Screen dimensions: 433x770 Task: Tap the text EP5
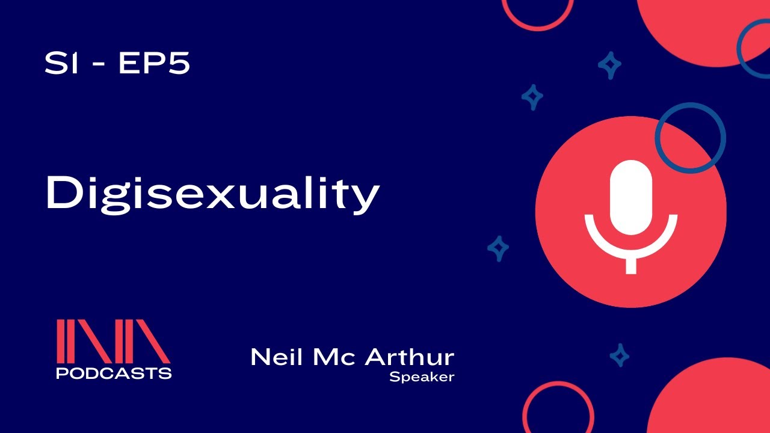[x=154, y=64]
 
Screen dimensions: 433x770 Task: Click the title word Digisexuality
[x=212, y=194]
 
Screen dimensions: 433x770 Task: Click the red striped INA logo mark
[x=113, y=340]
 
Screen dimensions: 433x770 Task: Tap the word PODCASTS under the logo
[x=114, y=373]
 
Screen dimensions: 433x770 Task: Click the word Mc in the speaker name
[x=336, y=357]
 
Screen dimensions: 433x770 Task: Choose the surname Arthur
[x=410, y=357]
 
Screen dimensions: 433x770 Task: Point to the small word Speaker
[x=421, y=378]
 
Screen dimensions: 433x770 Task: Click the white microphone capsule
[x=631, y=197]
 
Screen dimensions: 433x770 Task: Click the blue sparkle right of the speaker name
[x=619, y=355]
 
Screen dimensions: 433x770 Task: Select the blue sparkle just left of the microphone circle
[x=498, y=247]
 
